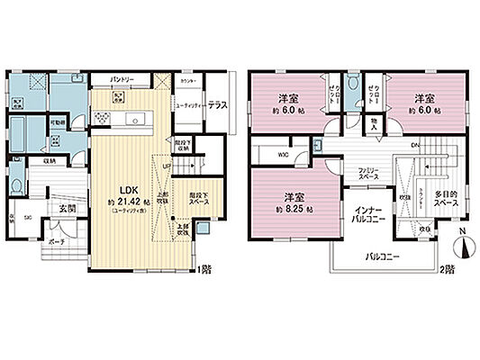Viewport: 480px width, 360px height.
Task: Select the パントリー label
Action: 122,79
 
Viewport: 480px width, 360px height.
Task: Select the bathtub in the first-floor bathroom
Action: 18,126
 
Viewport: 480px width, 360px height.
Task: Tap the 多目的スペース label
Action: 444,200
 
